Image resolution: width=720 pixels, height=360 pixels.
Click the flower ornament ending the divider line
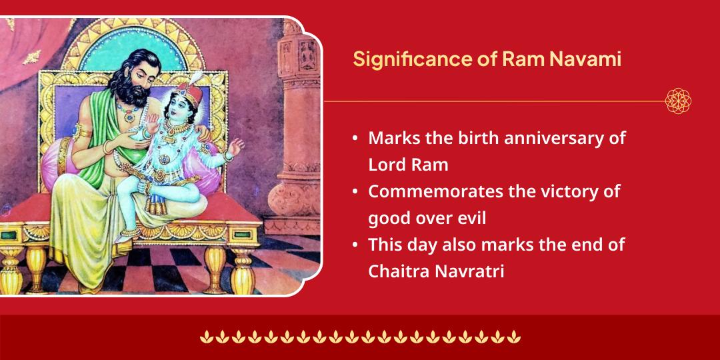pyautogui.click(x=678, y=101)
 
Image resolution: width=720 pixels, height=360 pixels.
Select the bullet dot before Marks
pyautogui.click(x=355, y=139)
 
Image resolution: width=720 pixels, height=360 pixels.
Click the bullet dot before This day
pyautogui.click(x=355, y=245)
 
